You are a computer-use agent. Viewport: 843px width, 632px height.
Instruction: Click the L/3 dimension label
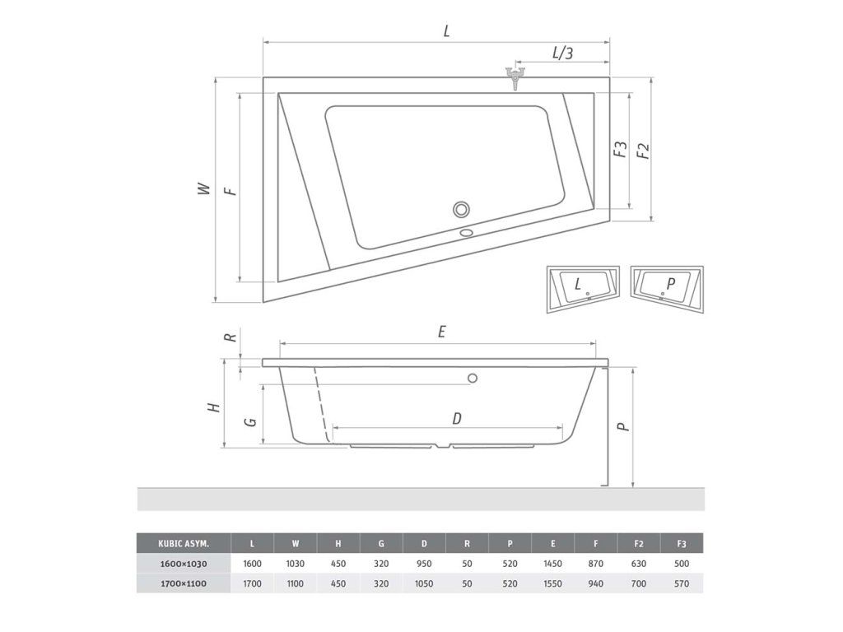pos(562,52)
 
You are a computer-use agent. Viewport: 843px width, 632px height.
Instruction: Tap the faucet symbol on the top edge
pos(515,77)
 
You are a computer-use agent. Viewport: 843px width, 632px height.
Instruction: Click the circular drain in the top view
pos(461,209)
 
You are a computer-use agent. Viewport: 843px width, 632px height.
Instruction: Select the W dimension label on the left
pos(204,188)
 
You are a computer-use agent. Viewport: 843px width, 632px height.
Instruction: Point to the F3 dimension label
pos(621,150)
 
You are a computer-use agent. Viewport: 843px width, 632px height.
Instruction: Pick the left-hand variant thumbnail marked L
pos(583,289)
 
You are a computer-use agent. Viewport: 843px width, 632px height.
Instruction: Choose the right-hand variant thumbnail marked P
pos(667,289)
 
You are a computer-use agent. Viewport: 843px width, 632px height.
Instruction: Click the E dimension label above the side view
pos(442,332)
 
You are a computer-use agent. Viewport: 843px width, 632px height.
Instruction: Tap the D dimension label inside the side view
pos(456,418)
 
